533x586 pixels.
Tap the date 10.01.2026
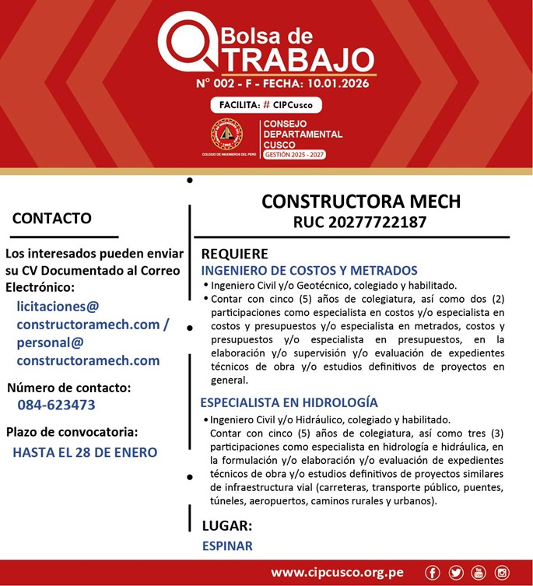pos(337,83)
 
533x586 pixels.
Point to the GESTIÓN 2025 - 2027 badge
pos(294,155)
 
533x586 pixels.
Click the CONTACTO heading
pos(51,219)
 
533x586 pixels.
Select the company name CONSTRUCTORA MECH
pos(360,202)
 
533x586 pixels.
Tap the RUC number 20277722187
pos(359,223)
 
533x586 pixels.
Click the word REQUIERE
pos(234,254)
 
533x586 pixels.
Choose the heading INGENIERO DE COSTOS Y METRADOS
pos(309,271)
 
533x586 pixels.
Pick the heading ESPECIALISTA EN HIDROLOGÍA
pos(289,402)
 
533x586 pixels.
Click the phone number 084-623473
pos(56,405)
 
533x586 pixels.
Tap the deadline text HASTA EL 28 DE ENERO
pos(85,452)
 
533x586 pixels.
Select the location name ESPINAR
pos(227,546)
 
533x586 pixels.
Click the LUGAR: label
pos(226,525)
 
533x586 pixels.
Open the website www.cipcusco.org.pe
pos(337,573)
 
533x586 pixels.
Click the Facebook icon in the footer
pos(432,573)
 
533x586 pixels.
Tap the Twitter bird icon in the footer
pos(455,573)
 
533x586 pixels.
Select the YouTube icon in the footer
pos(479,573)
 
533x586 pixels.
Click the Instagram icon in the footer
pos(502,573)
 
